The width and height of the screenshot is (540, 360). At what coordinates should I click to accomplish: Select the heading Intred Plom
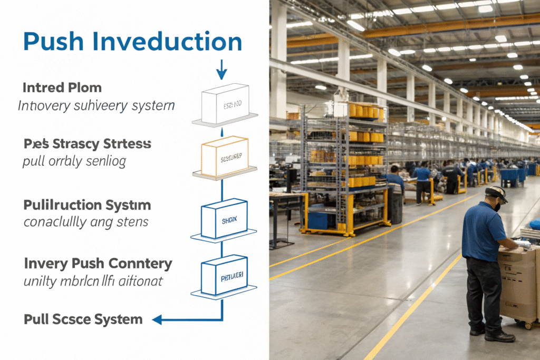pyautogui.click(x=62, y=87)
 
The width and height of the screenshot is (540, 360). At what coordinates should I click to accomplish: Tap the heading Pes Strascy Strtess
pyautogui.click(x=88, y=143)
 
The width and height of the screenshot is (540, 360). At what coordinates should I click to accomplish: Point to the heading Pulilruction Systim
pyautogui.click(x=87, y=205)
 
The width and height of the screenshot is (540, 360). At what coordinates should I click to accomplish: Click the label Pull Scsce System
pyautogui.click(x=83, y=319)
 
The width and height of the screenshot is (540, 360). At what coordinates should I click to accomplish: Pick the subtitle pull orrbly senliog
pyautogui.click(x=74, y=161)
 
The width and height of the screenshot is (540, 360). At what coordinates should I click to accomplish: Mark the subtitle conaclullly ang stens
pyautogui.click(x=85, y=222)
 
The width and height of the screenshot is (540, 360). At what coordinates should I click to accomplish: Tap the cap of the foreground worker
pyautogui.click(x=496, y=193)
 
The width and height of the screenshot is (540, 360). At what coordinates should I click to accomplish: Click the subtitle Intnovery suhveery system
pyautogui.click(x=96, y=106)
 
